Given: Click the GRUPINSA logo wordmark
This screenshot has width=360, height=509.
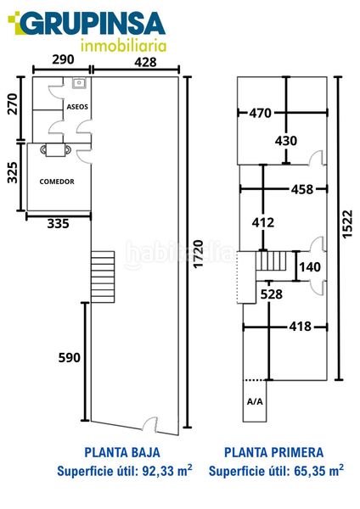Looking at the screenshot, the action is coord(87,24).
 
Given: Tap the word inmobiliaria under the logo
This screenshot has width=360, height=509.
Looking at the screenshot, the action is coord(123,46).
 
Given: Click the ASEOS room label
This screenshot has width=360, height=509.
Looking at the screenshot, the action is coord(77,107).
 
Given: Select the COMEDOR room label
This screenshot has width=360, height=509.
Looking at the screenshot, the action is coord(57,182).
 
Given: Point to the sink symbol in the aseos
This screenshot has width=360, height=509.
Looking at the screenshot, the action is coord(79,83).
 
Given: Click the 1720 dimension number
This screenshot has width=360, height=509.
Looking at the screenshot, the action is coord(198,255).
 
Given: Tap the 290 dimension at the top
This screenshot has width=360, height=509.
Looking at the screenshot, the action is coord(63,59).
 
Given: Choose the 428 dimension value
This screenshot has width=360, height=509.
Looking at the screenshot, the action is coord(145,62).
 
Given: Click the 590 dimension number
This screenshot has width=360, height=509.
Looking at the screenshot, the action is coord(70,358).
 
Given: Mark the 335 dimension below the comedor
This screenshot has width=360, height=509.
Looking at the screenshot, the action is coord(58,224).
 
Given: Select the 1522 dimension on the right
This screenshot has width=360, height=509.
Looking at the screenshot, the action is coord(347,224).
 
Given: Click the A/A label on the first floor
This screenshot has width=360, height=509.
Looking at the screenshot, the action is coord(255,402).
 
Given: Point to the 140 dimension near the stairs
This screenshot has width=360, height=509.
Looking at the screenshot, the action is coord(310,267).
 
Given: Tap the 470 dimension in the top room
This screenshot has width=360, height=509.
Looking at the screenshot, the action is coord(261,113).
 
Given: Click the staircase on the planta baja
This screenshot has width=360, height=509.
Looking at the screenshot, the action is coord(103,277).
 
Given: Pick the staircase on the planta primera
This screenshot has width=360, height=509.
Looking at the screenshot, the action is coord(271,261).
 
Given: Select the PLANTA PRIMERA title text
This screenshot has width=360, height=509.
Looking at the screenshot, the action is coord(274,452).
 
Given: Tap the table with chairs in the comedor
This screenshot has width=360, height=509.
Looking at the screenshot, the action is coord(55,149).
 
